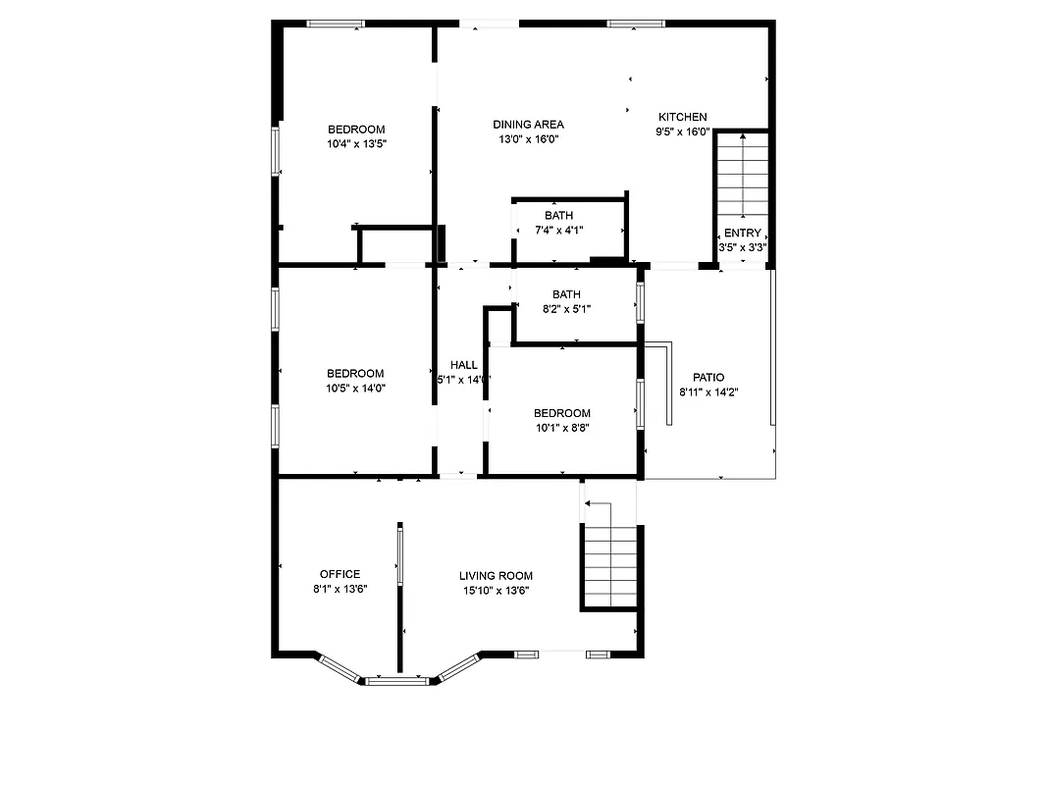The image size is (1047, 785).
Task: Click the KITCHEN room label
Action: [x=682, y=117]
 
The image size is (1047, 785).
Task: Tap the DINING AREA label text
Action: [x=528, y=125]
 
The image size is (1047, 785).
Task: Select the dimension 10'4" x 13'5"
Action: [x=356, y=144]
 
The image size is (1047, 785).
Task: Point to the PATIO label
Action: [x=708, y=377]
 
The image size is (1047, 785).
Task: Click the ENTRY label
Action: [x=742, y=233]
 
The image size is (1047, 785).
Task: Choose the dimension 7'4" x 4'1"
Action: [x=559, y=231]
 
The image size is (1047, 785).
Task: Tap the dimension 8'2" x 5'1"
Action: [x=566, y=309]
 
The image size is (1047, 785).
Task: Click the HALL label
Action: [x=463, y=365]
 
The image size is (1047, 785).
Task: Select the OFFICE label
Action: [x=340, y=574]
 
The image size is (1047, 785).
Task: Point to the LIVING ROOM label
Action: [x=496, y=576]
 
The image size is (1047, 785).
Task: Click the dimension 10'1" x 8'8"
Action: [x=562, y=428]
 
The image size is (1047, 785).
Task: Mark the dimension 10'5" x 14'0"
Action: [x=355, y=388]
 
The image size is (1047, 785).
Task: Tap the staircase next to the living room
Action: [x=610, y=567]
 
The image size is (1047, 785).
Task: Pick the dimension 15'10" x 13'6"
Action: [x=496, y=591]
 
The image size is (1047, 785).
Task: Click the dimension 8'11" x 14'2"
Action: [x=708, y=392]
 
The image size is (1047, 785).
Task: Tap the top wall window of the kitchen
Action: [x=635, y=24]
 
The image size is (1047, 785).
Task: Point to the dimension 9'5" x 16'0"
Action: [x=682, y=131]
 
